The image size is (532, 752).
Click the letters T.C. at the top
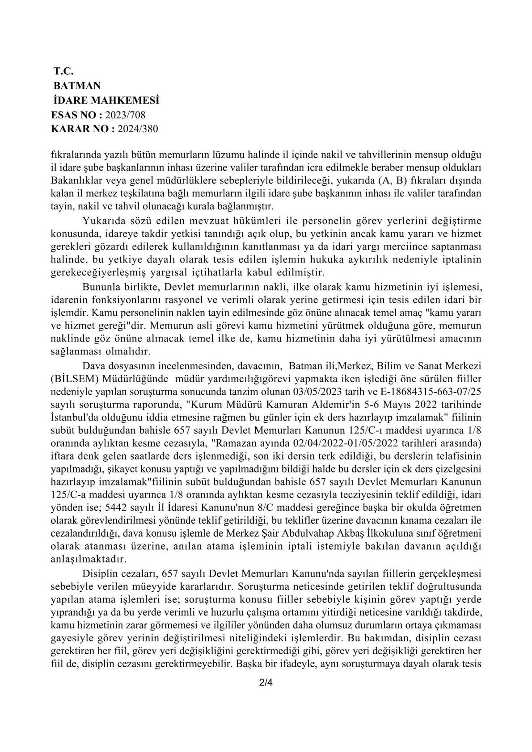63,71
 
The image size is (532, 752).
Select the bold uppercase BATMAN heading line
77,85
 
